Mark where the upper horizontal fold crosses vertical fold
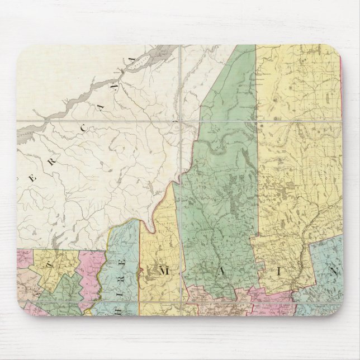point(182,120)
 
